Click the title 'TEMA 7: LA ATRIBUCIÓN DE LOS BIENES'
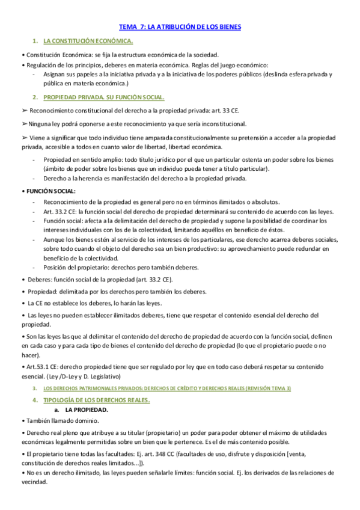coord(180,27)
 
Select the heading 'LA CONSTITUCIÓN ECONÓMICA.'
coord(88,41)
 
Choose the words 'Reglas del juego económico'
coord(228,65)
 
